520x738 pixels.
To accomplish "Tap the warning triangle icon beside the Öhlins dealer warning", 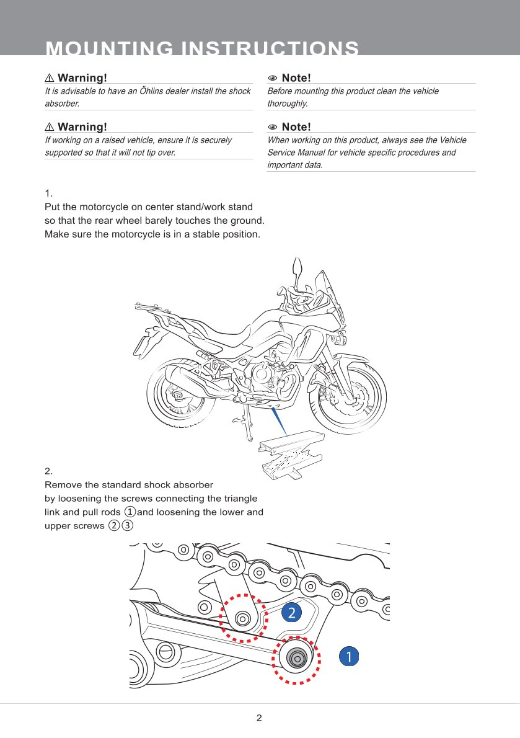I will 50,78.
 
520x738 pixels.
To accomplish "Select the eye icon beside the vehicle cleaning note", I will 272,78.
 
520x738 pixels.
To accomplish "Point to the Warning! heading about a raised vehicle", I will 81,127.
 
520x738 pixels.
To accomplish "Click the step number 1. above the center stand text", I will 48,193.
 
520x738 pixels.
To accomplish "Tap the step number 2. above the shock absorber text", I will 49,471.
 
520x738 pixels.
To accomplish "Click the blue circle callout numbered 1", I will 349,656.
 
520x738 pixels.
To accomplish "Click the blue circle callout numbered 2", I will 291,613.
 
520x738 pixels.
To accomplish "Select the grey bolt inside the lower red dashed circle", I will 297,658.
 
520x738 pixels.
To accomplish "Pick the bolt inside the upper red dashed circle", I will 243,618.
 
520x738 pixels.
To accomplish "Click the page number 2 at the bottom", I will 259,718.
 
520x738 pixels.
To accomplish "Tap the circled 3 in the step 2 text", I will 127,526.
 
